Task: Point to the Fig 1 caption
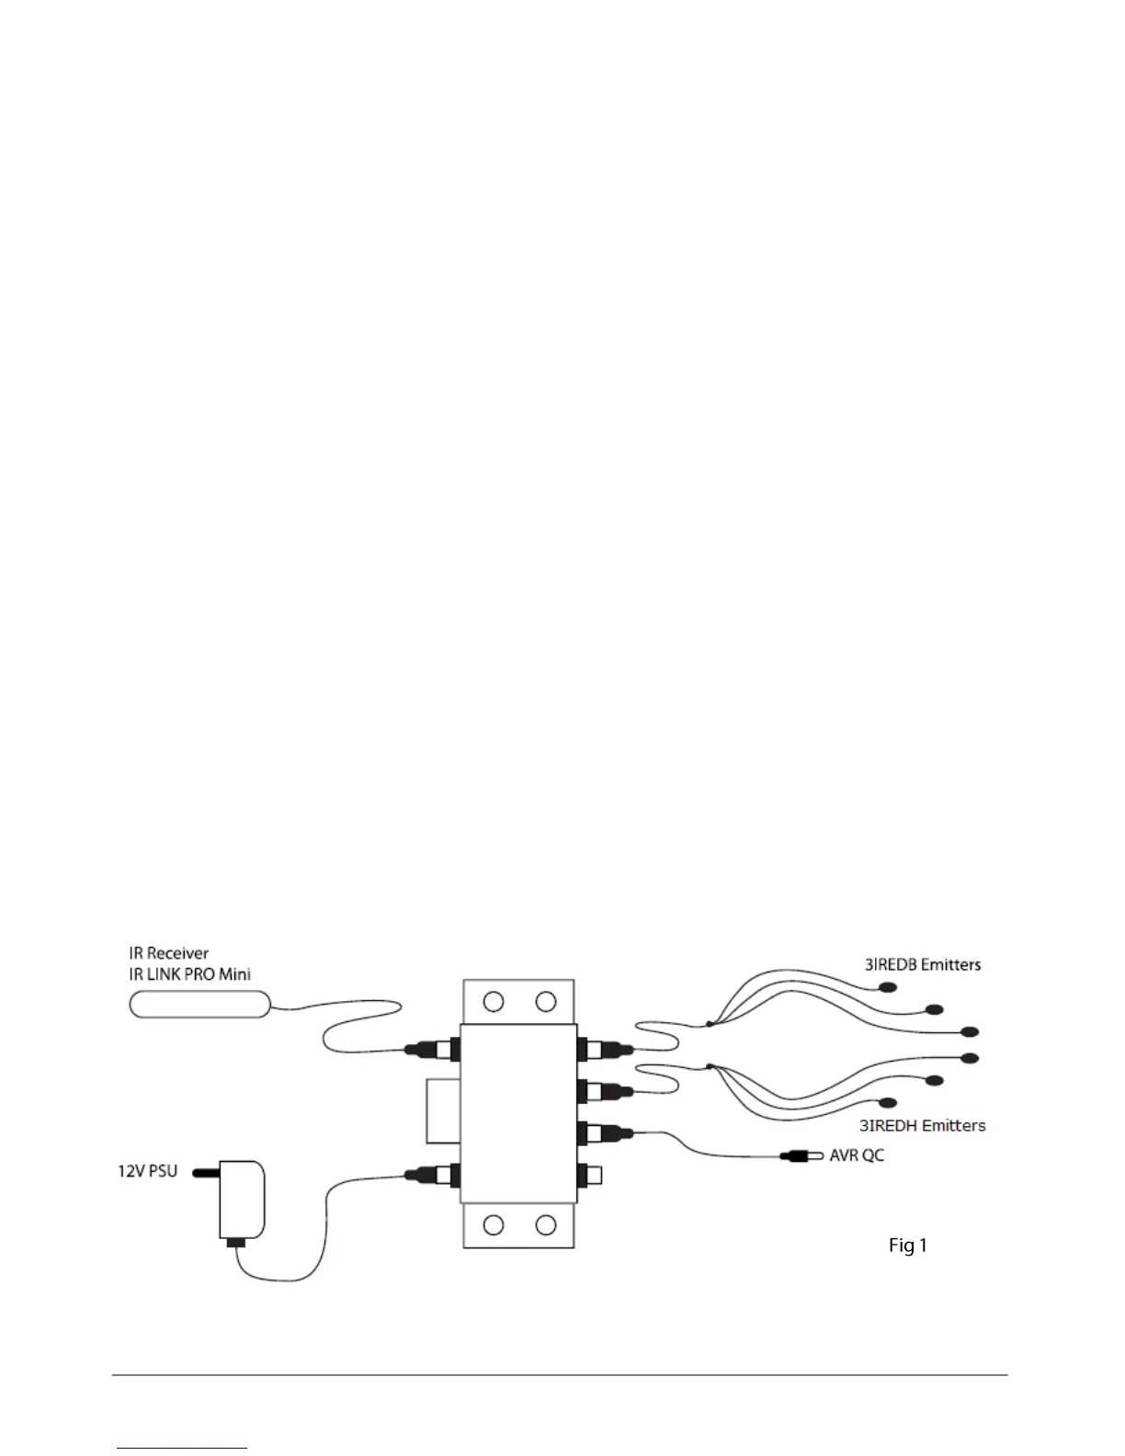907,1245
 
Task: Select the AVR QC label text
857,1155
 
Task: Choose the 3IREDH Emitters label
922,1124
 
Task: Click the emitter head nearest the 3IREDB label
887,989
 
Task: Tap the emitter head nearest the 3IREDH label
887,1102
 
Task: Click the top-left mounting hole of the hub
494,1001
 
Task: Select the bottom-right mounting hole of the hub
546,1224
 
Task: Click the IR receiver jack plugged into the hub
434,1049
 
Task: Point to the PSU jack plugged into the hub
434,1174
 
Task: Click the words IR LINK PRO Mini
190,973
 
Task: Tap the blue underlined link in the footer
183,1448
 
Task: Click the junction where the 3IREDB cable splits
709,1023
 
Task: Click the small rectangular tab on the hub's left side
443,1110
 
